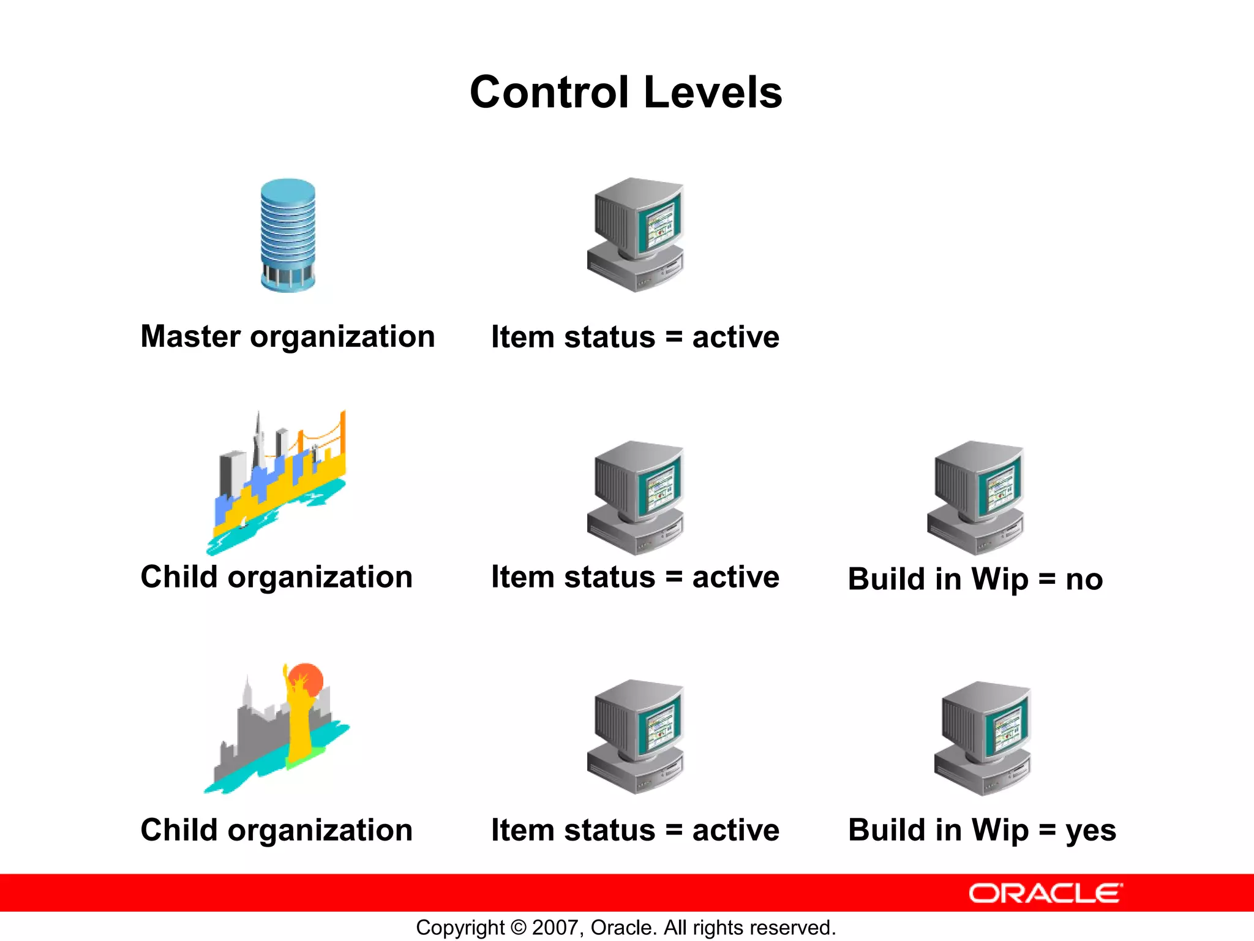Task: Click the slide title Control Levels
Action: click(x=626, y=93)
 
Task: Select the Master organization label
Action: click(x=288, y=336)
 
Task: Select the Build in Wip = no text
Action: click(x=975, y=579)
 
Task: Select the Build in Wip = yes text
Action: click(x=982, y=831)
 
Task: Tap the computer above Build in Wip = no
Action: click(x=975, y=497)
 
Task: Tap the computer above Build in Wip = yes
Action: click(x=983, y=738)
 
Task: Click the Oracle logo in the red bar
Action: click(x=1045, y=893)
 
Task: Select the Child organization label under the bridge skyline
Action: click(x=277, y=577)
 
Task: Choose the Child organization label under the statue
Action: click(x=277, y=830)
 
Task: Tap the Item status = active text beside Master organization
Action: click(x=635, y=337)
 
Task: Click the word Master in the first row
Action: click(x=190, y=336)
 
